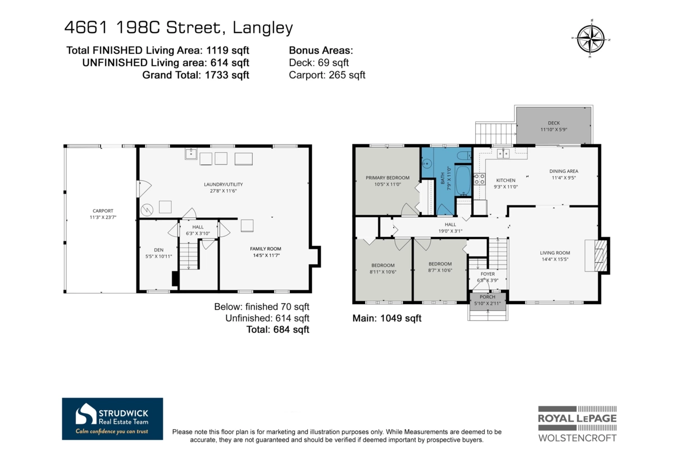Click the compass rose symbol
pyautogui.click(x=591, y=39)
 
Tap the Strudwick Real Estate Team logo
pyautogui.click(x=112, y=419)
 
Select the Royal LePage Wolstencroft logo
pyautogui.click(x=577, y=423)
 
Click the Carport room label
pyautogui.click(x=103, y=211)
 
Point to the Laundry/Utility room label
pyautogui.click(x=224, y=184)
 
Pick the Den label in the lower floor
pyautogui.click(x=158, y=250)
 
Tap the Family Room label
pyautogui.click(x=265, y=249)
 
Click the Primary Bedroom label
pyautogui.click(x=388, y=178)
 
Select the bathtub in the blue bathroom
pyautogui.click(x=463, y=181)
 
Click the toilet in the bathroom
pyautogui.click(x=464, y=155)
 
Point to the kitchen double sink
pyautogui.click(x=503, y=153)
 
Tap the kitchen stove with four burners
pyautogui.click(x=479, y=178)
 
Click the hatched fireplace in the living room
pyautogui.click(x=600, y=255)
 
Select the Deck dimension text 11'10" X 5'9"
pyautogui.click(x=554, y=130)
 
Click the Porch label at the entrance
pyautogui.click(x=488, y=297)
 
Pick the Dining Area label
pyautogui.click(x=563, y=171)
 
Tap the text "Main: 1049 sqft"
pyautogui.click(x=386, y=318)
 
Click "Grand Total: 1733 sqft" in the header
pyautogui.click(x=195, y=75)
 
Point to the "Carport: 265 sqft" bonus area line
pyautogui.click(x=327, y=75)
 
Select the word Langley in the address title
pyautogui.click(x=263, y=28)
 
